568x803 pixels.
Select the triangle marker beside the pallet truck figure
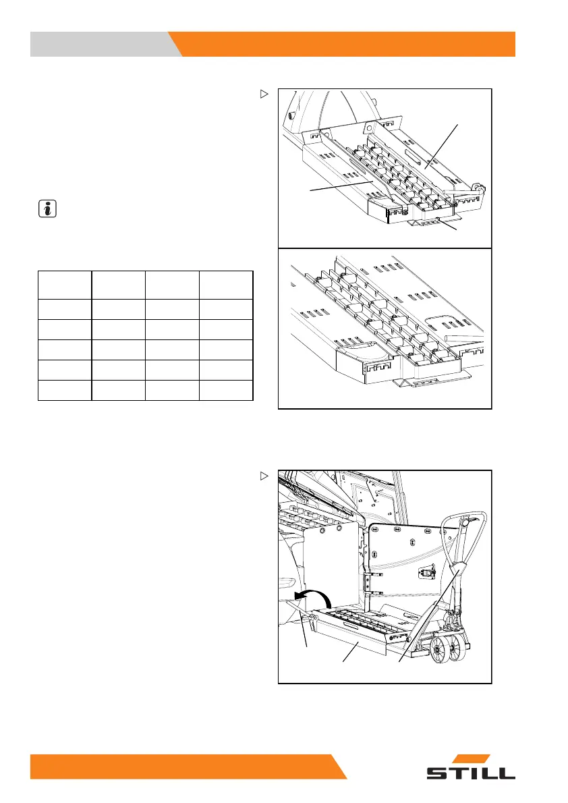pos(264,476)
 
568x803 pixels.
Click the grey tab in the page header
pos(101,44)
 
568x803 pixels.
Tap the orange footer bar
pos(182,766)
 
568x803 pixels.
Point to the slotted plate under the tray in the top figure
pos(432,223)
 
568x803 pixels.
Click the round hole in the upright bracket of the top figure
pos(369,127)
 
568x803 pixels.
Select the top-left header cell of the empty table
pos(65,285)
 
